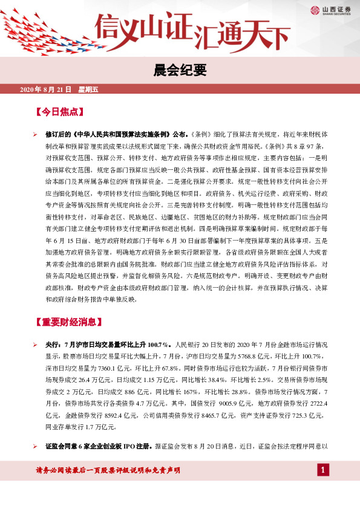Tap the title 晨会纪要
point(180,70)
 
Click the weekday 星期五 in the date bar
point(88,90)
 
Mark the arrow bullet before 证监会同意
point(36,446)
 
